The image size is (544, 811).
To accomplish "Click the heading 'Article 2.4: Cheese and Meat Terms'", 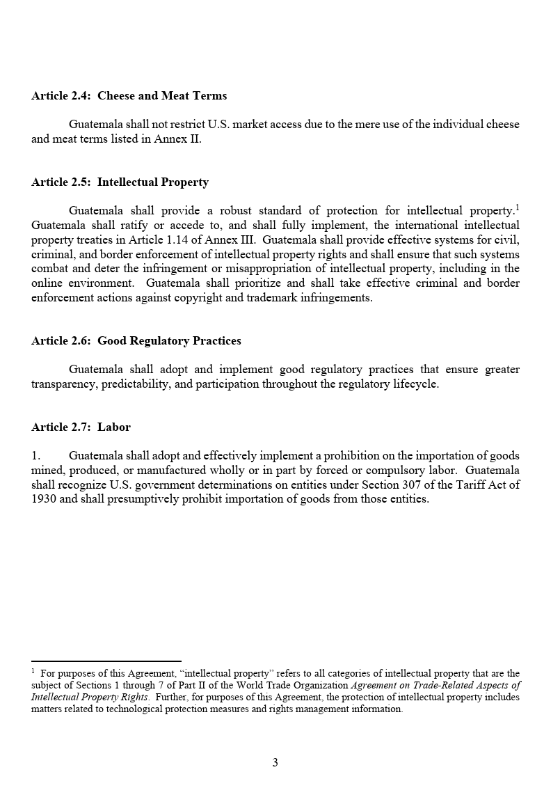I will coord(129,95).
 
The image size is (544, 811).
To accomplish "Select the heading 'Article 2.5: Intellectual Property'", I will coord(120,182).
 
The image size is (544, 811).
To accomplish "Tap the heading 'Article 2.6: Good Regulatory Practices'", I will coord(136,340).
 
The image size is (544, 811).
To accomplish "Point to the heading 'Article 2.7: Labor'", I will coord(81,427).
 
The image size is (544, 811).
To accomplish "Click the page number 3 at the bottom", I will coord(275,763).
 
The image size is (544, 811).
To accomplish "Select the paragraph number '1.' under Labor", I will coord(36,456).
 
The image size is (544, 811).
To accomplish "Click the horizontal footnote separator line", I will coord(106,661).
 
